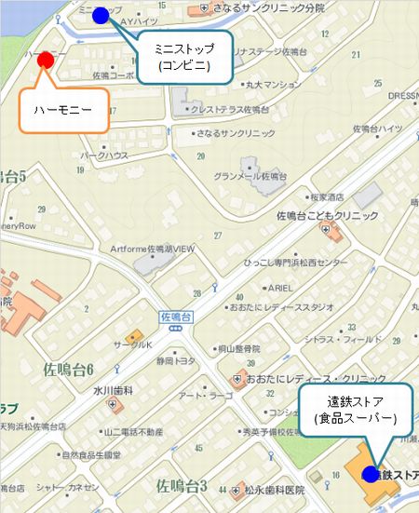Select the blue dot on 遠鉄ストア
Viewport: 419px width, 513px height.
tap(371, 474)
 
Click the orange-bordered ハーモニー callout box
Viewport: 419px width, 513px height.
tap(62, 109)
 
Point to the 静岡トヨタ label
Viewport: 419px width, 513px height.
tap(177, 360)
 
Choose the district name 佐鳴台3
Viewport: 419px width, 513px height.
tap(182, 485)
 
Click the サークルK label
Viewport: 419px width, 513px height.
tap(133, 344)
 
